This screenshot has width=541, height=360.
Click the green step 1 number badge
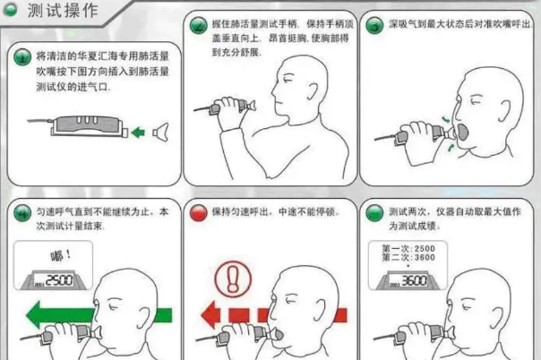coord(21,57)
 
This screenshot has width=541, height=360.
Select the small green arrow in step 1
coord(137,133)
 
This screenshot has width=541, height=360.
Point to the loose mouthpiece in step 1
coord(162,133)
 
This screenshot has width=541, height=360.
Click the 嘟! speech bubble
coord(61,255)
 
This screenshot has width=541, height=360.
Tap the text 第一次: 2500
coord(408,247)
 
